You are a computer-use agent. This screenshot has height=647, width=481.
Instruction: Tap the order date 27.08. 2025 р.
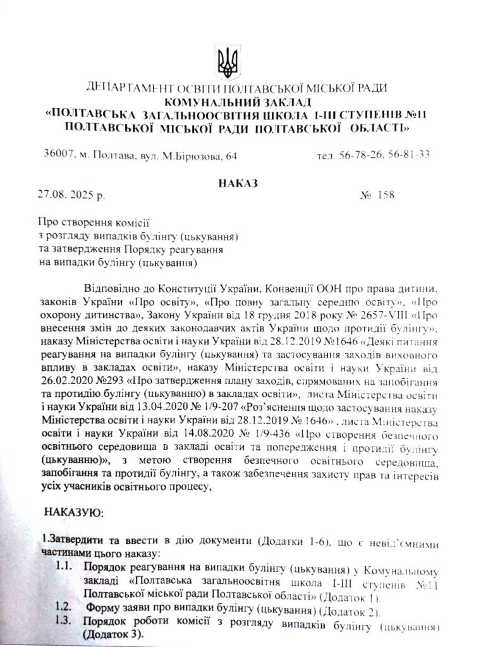(71, 195)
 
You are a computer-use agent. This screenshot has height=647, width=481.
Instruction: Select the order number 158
(382, 195)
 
